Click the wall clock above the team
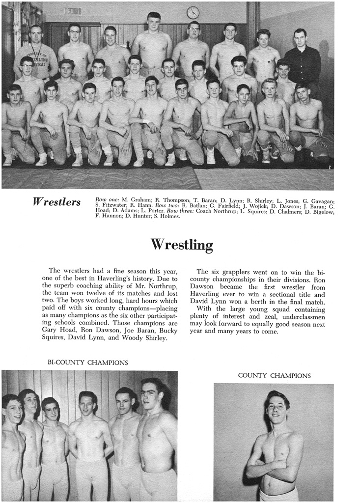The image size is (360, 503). [x=193, y=12]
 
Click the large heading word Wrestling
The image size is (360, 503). [x=181, y=244]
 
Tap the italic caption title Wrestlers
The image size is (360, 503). [x=56, y=202]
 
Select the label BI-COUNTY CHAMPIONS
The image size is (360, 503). [x=88, y=363]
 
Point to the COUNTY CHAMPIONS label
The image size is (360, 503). [x=274, y=375]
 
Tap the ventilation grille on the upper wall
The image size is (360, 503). [x=72, y=11]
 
